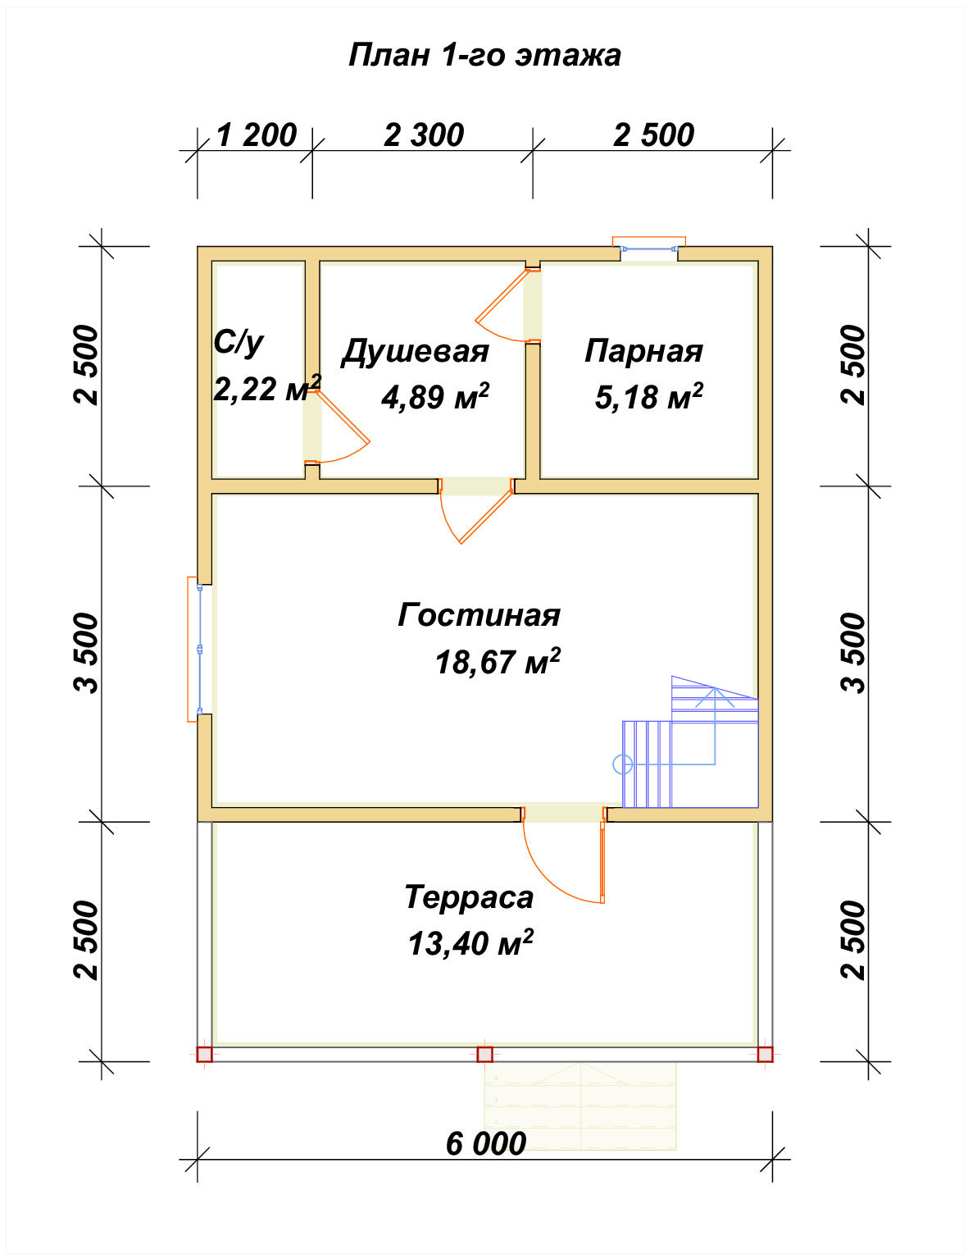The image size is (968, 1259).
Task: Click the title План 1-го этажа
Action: click(484, 55)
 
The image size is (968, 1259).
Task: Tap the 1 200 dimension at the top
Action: click(256, 135)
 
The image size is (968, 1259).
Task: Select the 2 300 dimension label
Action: click(424, 135)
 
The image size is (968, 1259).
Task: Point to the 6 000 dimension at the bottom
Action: click(485, 1143)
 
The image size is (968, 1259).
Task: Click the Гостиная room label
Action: click(479, 614)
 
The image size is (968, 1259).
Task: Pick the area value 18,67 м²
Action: click(497, 661)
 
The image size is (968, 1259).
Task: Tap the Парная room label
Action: click(643, 350)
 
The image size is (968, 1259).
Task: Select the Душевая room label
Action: click(415, 351)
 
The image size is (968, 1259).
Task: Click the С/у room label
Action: click(239, 341)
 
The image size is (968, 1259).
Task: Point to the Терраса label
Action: click(468, 896)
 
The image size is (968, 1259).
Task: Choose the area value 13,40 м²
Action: click(470, 943)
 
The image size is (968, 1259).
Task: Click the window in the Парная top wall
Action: click(649, 248)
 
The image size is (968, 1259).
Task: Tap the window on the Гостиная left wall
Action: click(200, 649)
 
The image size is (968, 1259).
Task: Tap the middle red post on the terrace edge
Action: click(484, 1054)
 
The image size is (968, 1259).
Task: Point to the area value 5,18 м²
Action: click(648, 397)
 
